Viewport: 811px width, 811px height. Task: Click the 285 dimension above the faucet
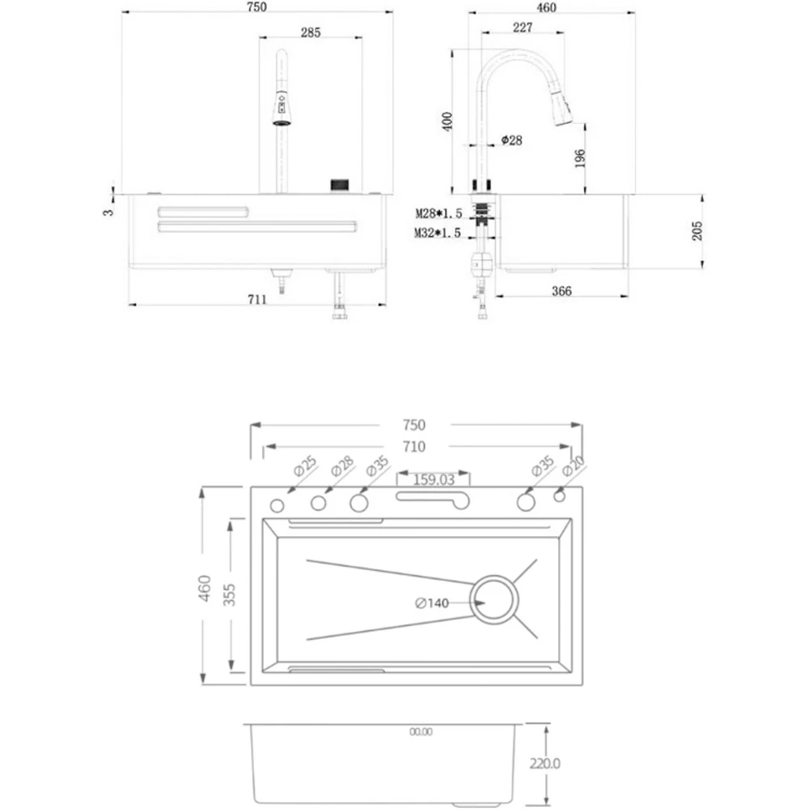(311, 32)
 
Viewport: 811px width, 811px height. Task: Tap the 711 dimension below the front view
(257, 299)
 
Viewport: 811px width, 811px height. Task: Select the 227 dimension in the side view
(522, 28)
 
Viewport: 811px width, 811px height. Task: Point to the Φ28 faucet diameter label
(512, 140)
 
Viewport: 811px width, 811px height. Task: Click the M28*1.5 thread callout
(439, 213)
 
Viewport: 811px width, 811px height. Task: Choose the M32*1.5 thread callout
(438, 234)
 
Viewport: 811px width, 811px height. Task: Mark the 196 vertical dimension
(580, 158)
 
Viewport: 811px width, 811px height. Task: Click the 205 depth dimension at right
(697, 230)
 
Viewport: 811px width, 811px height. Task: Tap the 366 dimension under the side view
(561, 291)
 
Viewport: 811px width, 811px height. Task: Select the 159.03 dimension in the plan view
(433, 480)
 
